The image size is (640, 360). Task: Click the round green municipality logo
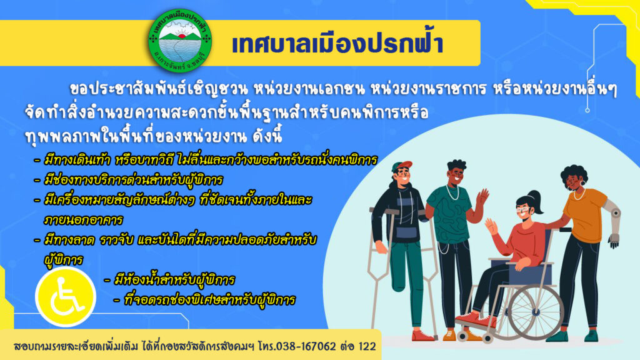click(180, 41)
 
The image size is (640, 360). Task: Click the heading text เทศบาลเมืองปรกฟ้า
click(337, 44)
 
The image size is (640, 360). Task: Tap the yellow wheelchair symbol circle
click(66, 297)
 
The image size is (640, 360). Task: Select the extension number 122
click(367, 346)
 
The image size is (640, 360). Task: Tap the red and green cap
click(402, 166)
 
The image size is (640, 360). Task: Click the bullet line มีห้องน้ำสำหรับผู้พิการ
click(170, 279)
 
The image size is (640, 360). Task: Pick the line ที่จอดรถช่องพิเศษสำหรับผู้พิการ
click(205, 300)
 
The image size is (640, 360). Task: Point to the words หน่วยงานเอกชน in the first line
click(309, 88)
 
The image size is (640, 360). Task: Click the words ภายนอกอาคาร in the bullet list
click(83, 219)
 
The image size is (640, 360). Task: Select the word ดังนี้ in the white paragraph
click(267, 136)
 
